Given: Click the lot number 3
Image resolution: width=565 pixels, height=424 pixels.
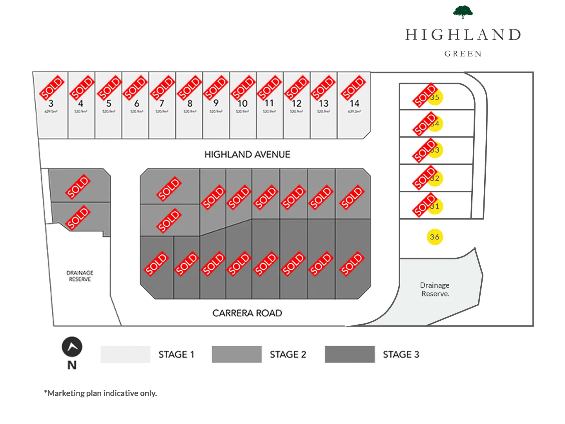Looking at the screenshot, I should (x=51, y=104).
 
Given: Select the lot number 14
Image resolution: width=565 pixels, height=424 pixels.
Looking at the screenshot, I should (x=354, y=104).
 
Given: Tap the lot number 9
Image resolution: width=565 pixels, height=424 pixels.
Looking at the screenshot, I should (x=216, y=103).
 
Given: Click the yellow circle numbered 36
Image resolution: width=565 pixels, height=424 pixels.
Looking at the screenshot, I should (x=434, y=237).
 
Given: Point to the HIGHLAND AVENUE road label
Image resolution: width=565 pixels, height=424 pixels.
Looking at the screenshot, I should (x=247, y=155).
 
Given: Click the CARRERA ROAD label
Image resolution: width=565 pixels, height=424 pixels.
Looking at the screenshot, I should (x=247, y=313).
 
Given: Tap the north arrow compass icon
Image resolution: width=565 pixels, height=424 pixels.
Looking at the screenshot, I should (x=72, y=347).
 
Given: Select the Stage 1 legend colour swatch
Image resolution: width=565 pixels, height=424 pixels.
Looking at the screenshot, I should (x=125, y=355).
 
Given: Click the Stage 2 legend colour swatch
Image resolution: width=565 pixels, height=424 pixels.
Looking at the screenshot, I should (x=237, y=355).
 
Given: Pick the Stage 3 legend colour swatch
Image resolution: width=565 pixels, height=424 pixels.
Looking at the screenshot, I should (x=350, y=355).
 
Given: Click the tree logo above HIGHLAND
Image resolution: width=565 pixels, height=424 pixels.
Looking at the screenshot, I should (x=463, y=12).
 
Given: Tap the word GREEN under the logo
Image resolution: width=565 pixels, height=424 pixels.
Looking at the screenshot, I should (x=463, y=54).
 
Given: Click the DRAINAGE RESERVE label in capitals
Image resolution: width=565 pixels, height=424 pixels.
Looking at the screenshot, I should (x=80, y=276).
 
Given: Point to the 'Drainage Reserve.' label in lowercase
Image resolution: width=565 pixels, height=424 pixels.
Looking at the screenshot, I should (x=435, y=290).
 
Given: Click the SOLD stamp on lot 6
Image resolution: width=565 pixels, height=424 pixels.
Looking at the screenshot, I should (x=135, y=88).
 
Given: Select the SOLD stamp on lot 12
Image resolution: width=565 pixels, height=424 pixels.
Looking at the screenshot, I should (x=296, y=88).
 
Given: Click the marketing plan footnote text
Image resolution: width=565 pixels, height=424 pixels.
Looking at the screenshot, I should (x=100, y=393).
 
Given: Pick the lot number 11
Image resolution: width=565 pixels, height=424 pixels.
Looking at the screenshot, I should (x=269, y=103).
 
